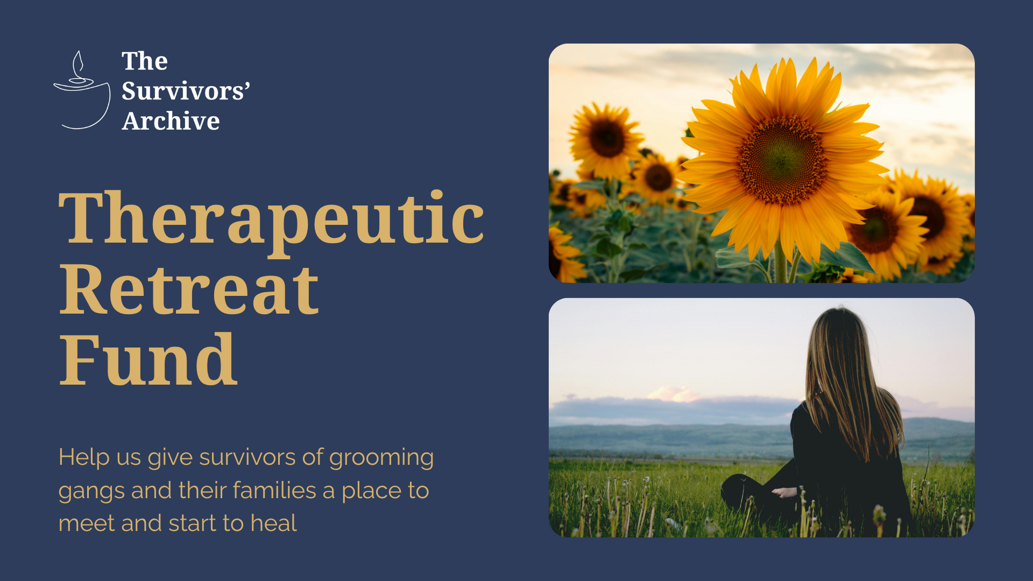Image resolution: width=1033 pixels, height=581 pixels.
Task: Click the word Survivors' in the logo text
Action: tap(186, 91)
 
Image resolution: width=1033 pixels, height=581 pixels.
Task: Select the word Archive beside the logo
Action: tap(171, 121)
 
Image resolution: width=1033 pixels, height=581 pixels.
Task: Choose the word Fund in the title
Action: tap(148, 359)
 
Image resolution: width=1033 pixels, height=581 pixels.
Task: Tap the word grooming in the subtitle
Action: tap(381, 458)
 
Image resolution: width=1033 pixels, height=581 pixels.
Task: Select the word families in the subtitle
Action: tap(274, 490)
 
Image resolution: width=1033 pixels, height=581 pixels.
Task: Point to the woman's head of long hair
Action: tap(845, 377)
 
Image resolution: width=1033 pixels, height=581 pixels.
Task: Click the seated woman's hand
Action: tap(784, 492)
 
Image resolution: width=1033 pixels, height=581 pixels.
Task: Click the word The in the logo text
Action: tap(145, 61)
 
